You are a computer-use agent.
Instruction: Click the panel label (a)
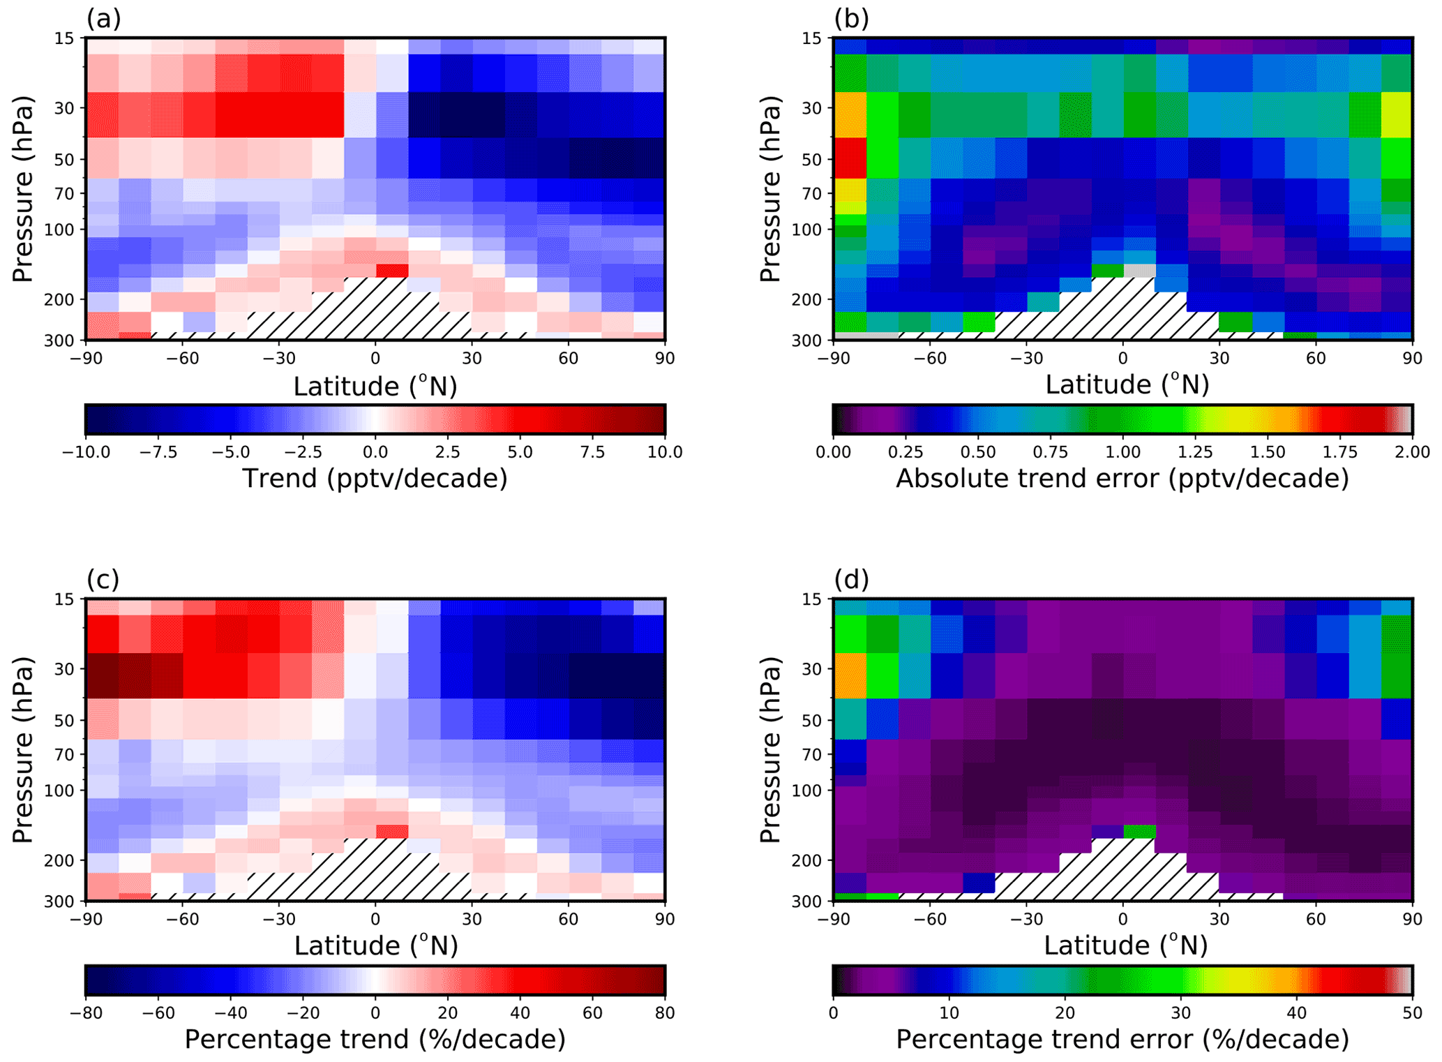(x=103, y=19)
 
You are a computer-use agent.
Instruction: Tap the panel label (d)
(x=851, y=579)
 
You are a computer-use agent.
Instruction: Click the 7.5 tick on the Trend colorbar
(x=592, y=452)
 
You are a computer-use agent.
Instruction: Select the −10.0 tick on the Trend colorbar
(x=86, y=452)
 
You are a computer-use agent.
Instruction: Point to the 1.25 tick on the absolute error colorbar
(x=1195, y=452)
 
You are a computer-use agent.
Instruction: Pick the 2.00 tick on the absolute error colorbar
(x=1412, y=452)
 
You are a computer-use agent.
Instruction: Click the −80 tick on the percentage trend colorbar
(x=86, y=1012)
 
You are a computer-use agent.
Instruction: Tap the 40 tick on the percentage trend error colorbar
(x=1296, y=1012)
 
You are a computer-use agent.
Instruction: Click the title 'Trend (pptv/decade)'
(x=375, y=479)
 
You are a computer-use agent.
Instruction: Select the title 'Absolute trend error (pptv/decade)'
(x=1122, y=479)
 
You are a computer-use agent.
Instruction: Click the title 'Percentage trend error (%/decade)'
(x=1122, y=1039)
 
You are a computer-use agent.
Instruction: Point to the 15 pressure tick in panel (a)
(x=64, y=38)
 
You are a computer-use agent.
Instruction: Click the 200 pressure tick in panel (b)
(x=809, y=299)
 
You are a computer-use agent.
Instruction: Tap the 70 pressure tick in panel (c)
(x=64, y=754)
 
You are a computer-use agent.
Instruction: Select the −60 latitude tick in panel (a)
(x=182, y=359)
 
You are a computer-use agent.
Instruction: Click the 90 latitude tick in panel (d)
(x=1412, y=919)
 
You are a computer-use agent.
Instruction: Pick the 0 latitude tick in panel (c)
(x=375, y=919)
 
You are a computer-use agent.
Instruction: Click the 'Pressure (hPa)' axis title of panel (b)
(x=770, y=188)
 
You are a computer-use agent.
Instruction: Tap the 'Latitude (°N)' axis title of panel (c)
(x=375, y=946)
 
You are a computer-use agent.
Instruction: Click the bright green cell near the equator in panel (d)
(x=1139, y=831)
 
